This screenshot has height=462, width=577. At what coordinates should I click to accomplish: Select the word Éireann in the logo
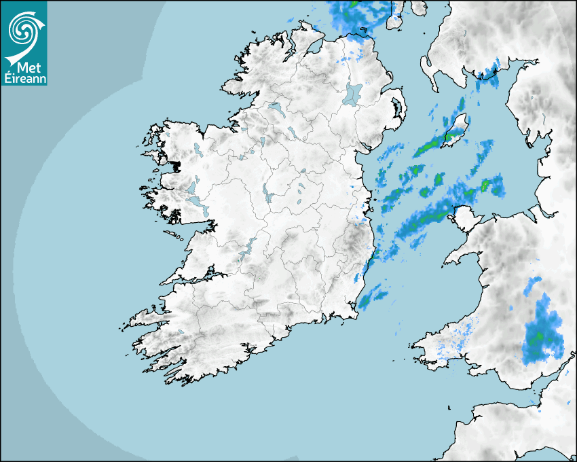tap(25, 77)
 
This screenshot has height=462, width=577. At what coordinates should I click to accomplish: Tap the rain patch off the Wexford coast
tap(373, 297)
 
